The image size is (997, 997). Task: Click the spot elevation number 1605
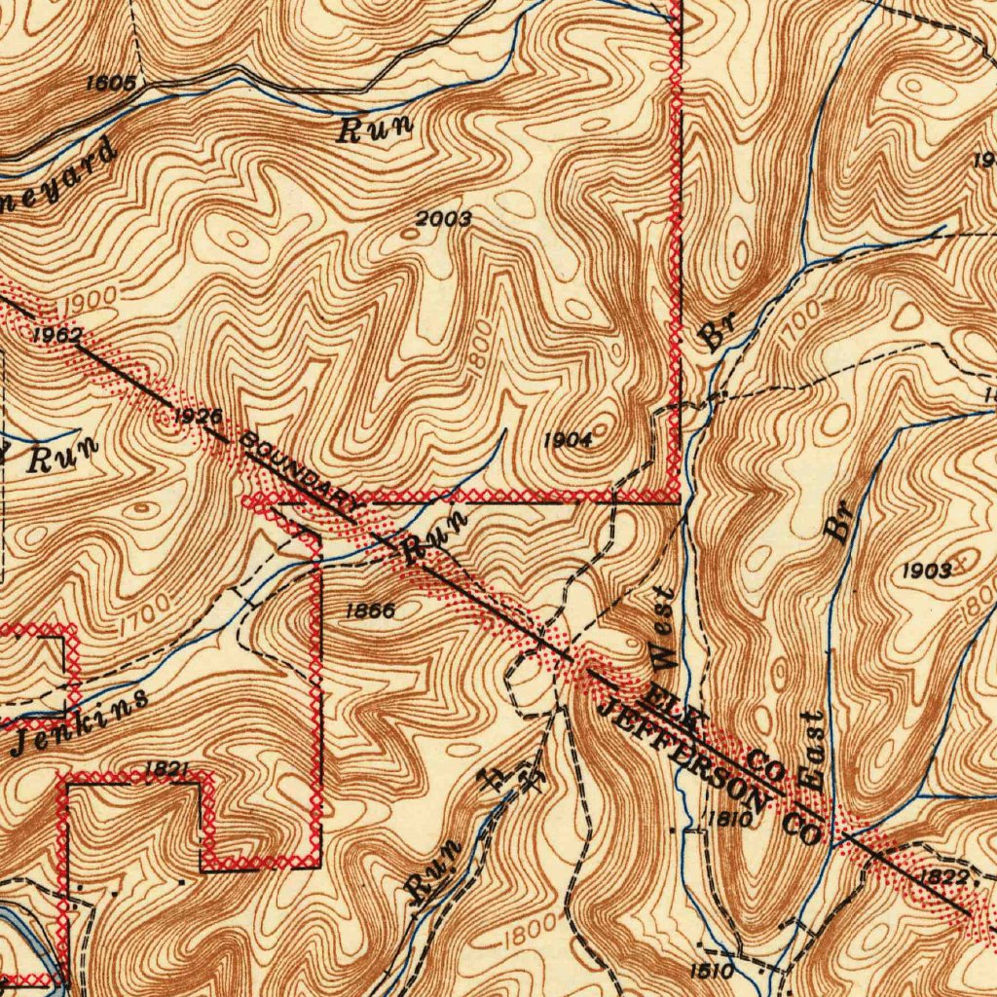click(x=110, y=83)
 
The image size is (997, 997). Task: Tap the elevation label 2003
click(x=443, y=219)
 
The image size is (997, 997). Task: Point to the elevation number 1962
click(x=56, y=335)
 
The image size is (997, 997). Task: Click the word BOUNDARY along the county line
click(x=300, y=470)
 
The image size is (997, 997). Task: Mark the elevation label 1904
click(x=568, y=440)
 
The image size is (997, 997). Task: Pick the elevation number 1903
click(x=926, y=572)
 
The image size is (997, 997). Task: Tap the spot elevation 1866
click(x=370, y=611)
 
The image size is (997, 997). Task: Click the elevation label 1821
click(x=166, y=769)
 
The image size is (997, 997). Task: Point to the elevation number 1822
click(x=943, y=877)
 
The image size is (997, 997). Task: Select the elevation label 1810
click(x=728, y=819)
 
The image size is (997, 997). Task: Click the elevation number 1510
click(x=711, y=971)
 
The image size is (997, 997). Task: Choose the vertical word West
click(x=663, y=628)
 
